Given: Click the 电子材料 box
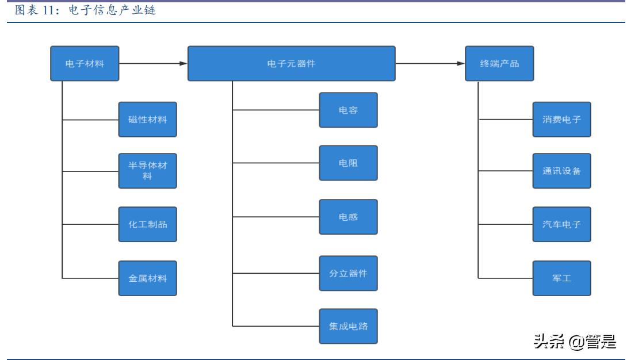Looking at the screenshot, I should pos(85,63).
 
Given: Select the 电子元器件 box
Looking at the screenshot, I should pos(292,63).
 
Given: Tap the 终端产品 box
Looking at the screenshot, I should pos(499,63).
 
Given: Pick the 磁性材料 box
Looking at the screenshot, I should pos(148,120).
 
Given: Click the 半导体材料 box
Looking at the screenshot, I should pos(148,171).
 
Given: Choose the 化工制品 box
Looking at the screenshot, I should pos(148,224).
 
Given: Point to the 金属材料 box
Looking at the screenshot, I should pos(148,278).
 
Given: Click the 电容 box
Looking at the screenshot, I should pos(349,110).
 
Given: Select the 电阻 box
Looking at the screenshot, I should pos(349,163).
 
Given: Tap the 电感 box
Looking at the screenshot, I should pos(349,217).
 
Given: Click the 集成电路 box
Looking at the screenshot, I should pos(349,326).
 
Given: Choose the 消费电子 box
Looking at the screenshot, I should pos(561,120).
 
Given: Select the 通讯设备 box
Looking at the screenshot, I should pos(561,171).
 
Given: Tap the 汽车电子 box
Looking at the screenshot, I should pos(561,224).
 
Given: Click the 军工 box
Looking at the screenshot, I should pos(561,278).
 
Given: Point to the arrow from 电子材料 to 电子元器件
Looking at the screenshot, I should pos(154,63).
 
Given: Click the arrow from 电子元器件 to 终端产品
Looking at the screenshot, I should pos(430,63).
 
